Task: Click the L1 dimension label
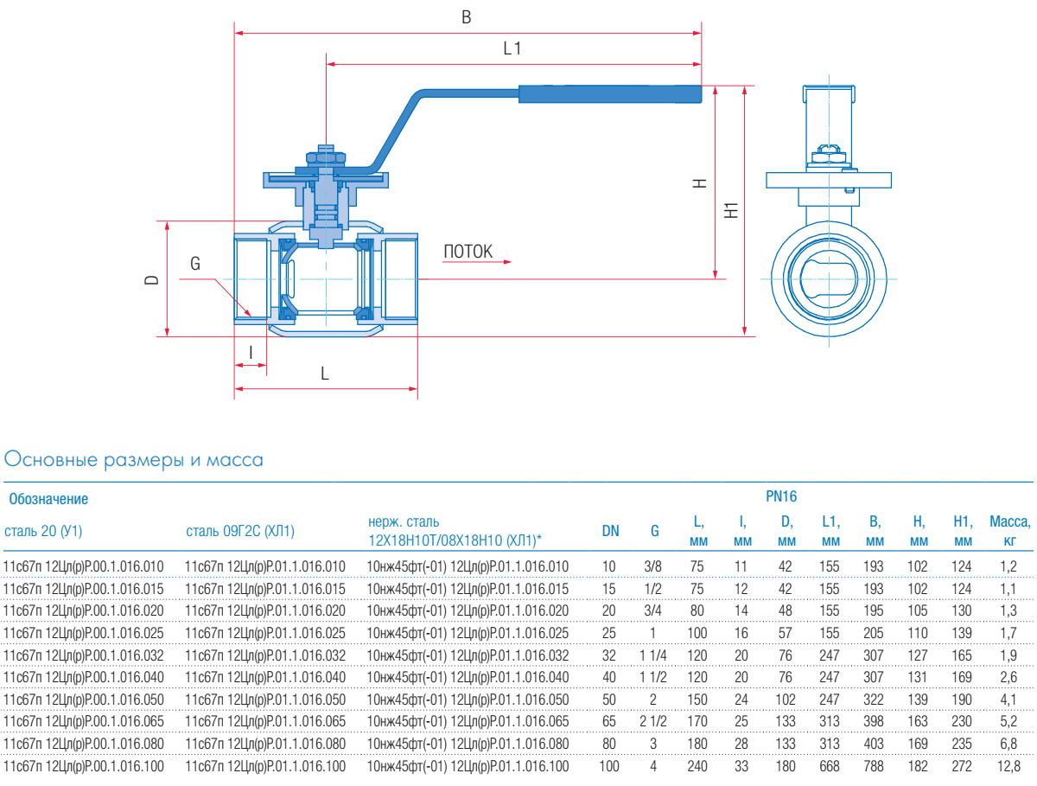[x=512, y=48]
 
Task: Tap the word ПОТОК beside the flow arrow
[x=468, y=252]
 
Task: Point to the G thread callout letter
[x=195, y=264]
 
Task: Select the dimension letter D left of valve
[x=151, y=279]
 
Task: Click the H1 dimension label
[x=732, y=209]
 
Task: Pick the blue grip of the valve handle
[x=609, y=94]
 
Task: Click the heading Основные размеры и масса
[x=134, y=460]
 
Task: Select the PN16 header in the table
[x=781, y=496]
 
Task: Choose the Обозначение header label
[x=48, y=499]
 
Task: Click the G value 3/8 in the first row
[x=654, y=566]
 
